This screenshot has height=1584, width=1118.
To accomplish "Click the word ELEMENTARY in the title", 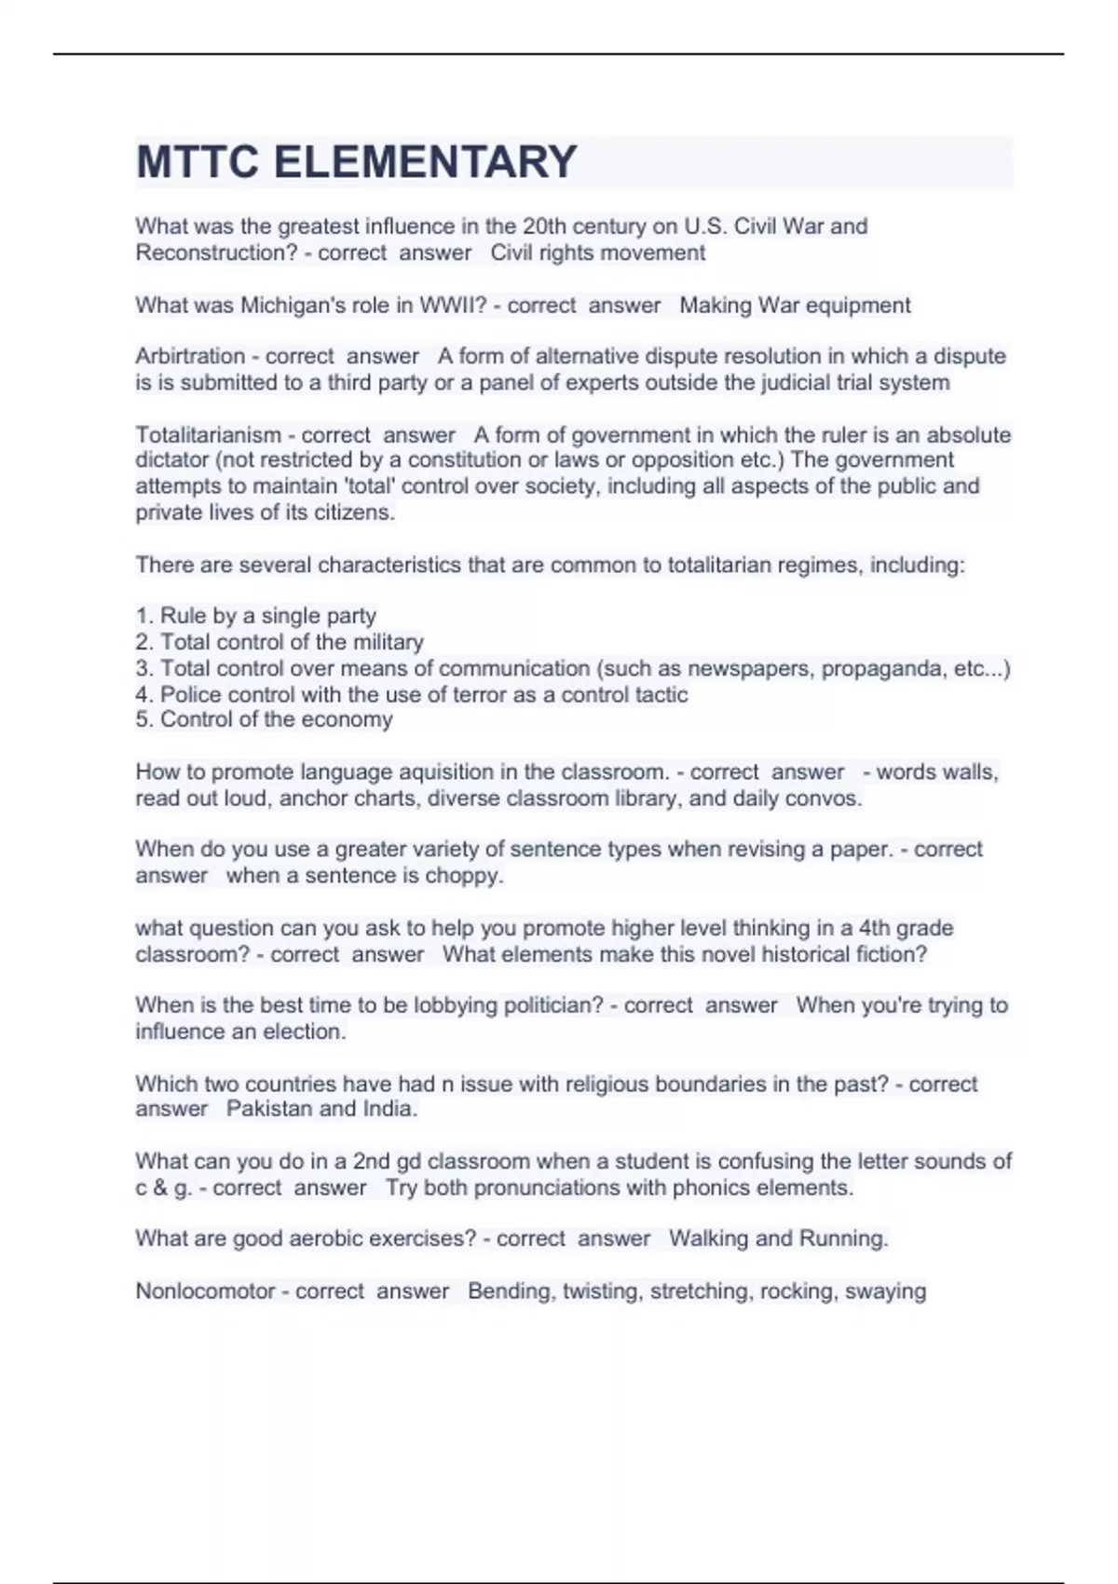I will [x=425, y=162].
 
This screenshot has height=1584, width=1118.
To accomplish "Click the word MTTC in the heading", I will [x=198, y=162].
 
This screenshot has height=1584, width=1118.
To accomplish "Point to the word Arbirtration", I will [x=190, y=357].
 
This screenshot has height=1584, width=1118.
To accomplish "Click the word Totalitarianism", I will [x=209, y=435].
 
